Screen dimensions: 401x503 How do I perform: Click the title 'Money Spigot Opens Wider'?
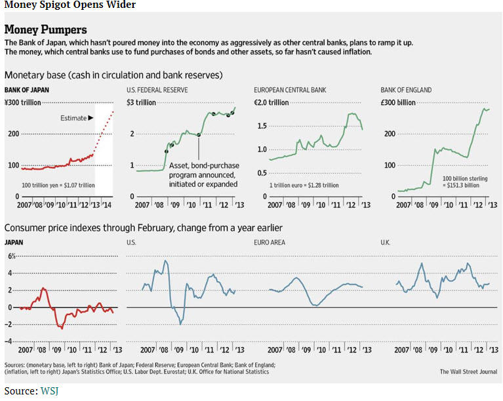tap(70, 6)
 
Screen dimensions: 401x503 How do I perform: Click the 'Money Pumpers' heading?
tap(45, 30)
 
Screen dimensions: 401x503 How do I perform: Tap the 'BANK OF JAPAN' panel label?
tap(27, 90)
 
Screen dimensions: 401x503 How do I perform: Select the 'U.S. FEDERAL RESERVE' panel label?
tap(161, 90)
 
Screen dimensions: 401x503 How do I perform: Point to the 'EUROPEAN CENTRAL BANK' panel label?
tap(290, 90)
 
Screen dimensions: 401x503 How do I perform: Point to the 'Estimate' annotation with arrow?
tap(77, 117)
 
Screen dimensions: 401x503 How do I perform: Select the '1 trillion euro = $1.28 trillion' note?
tap(304, 185)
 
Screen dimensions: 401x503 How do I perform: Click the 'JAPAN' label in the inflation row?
tap(15, 242)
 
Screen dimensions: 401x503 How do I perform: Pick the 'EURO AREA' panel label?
tap(269, 242)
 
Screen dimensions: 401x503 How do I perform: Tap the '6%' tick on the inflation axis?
tap(11, 256)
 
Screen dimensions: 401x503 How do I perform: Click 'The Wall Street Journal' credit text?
tap(469, 372)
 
